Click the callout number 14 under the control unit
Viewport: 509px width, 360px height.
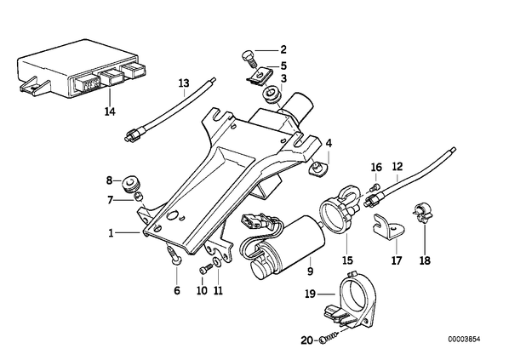(x=110, y=111)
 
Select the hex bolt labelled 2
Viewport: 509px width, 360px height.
(x=249, y=59)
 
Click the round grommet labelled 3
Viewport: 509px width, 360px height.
(x=273, y=94)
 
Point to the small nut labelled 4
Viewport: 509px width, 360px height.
(x=317, y=169)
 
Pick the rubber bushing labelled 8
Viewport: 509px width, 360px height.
(x=131, y=184)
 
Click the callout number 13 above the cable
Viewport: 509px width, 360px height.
(x=184, y=83)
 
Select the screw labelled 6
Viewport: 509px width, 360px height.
(x=174, y=255)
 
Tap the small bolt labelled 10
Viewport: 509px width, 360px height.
(x=203, y=269)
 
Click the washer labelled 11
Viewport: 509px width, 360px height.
(x=217, y=261)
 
